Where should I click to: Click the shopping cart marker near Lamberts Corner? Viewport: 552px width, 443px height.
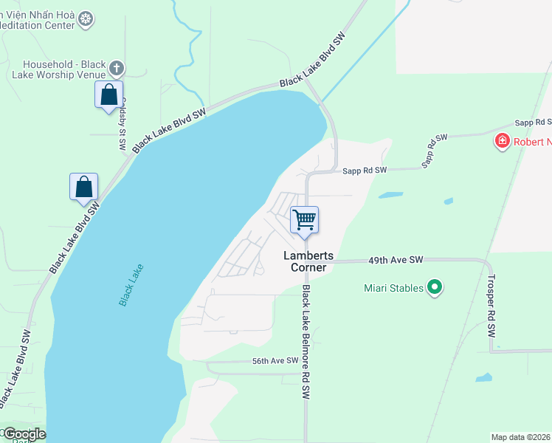pyautogui.click(x=304, y=220)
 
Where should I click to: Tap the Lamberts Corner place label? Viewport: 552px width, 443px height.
pyautogui.click(x=309, y=261)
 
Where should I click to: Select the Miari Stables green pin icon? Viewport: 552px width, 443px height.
pyautogui.click(x=435, y=287)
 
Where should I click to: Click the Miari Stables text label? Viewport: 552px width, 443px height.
pyautogui.click(x=394, y=288)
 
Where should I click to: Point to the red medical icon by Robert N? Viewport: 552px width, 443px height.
pyautogui.click(x=503, y=140)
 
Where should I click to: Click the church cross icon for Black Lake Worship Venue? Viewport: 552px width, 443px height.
pyautogui.click(x=116, y=69)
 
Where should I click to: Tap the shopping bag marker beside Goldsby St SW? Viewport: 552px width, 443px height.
pyautogui.click(x=109, y=95)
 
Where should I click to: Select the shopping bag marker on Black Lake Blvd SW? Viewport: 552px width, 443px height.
pyautogui.click(x=84, y=187)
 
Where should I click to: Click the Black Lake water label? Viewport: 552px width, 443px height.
pyautogui.click(x=131, y=285)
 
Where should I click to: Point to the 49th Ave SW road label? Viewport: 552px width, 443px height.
pyautogui.click(x=397, y=260)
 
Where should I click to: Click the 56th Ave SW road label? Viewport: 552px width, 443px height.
pyautogui.click(x=275, y=360)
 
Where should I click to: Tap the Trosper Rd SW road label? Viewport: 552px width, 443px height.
pyautogui.click(x=491, y=306)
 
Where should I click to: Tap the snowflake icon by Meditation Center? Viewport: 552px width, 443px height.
pyautogui.click(x=86, y=18)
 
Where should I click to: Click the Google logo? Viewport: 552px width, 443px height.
pyautogui.click(x=24, y=434)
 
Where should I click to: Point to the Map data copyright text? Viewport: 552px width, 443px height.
pyautogui.click(x=521, y=437)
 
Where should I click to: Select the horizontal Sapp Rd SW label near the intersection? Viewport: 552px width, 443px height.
pyautogui.click(x=365, y=171)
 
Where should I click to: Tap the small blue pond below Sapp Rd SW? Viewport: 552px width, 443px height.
pyautogui.click(x=390, y=196)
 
